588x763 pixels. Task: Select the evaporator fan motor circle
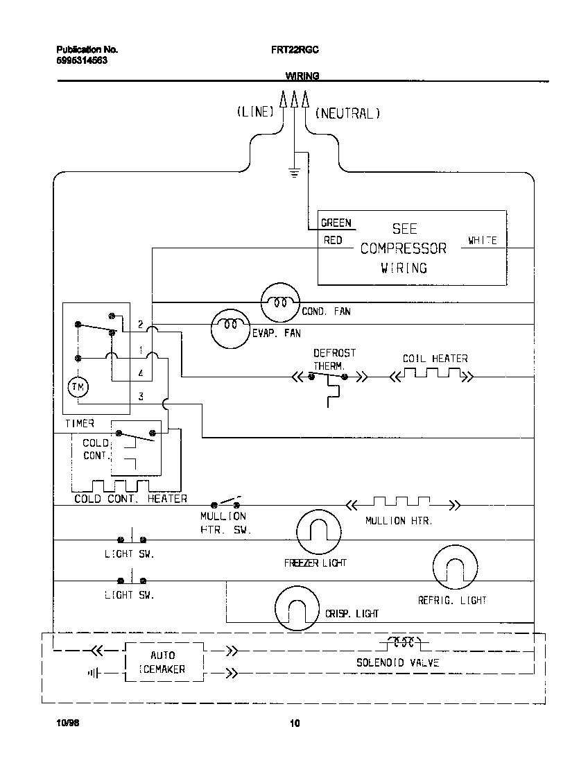pyautogui.click(x=230, y=324)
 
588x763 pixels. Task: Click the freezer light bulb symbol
pyautogui.click(x=318, y=532)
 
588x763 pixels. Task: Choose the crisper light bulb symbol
pyautogui.click(x=297, y=610)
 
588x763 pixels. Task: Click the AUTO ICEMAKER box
pyautogui.click(x=164, y=662)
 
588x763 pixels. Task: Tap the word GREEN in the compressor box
pyautogui.click(x=336, y=223)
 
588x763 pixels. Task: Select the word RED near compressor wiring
pyautogui.click(x=333, y=240)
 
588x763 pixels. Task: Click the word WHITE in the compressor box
pyautogui.click(x=482, y=240)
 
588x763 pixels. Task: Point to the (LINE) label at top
pyautogui.click(x=256, y=112)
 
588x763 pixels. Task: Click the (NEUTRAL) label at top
pyautogui.click(x=348, y=112)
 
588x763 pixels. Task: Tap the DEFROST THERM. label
pyautogui.click(x=334, y=359)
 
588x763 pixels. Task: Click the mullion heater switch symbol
pyautogui.click(x=226, y=503)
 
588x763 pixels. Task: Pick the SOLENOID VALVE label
pyautogui.click(x=398, y=662)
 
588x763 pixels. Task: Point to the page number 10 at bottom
pyautogui.click(x=294, y=724)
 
